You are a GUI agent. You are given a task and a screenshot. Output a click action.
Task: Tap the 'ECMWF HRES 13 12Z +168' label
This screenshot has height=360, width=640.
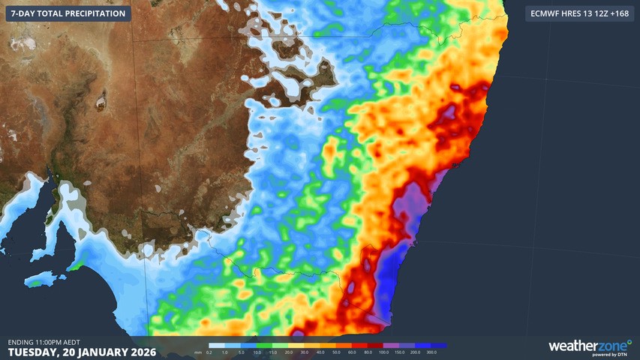(579, 13)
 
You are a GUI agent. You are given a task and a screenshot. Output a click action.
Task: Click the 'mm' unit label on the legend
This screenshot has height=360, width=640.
(197, 352)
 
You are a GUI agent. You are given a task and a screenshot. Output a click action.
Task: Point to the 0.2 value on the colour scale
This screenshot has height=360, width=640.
(209, 352)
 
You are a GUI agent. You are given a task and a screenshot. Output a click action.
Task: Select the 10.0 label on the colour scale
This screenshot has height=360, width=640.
(257, 352)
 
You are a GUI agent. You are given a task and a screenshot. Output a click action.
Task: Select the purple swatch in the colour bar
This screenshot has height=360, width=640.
(392, 346)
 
